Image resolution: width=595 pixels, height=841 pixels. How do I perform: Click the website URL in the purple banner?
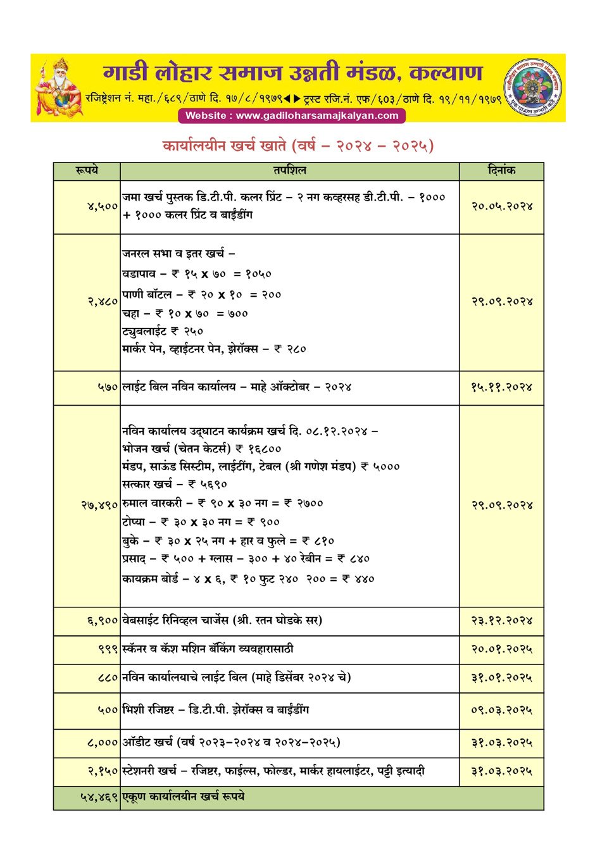(x=292, y=116)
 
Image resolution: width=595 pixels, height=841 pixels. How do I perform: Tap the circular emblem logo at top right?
(x=533, y=87)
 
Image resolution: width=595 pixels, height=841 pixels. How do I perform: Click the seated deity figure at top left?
(x=59, y=88)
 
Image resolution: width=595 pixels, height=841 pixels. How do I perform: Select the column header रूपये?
(x=87, y=171)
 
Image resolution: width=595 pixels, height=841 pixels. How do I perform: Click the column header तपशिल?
(x=289, y=171)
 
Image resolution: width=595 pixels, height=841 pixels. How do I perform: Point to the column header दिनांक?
(x=501, y=171)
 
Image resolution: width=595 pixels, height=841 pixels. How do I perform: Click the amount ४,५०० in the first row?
(x=103, y=206)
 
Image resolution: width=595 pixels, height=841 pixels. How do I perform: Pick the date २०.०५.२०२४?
(x=501, y=206)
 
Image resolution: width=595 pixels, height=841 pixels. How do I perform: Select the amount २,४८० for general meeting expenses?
(x=103, y=302)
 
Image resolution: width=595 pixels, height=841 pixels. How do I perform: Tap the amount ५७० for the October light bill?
(x=108, y=387)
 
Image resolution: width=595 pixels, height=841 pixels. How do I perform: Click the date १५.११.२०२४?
(x=501, y=387)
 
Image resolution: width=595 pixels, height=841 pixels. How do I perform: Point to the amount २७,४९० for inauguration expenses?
(x=99, y=505)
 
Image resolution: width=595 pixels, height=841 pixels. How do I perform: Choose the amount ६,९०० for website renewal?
(x=103, y=621)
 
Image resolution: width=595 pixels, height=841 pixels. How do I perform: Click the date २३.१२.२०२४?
(x=501, y=621)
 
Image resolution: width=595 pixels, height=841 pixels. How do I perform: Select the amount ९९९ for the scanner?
(x=108, y=649)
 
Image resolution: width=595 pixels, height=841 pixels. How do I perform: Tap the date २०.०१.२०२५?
(x=501, y=649)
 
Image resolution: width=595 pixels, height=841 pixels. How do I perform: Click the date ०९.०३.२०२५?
(x=501, y=710)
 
